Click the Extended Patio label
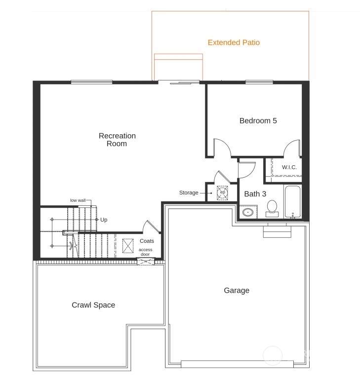click(x=234, y=42)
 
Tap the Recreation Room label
click(x=117, y=140)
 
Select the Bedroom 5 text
click(x=258, y=120)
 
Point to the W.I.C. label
click(x=289, y=167)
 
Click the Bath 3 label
click(x=255, y=194)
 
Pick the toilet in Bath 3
click(x=272, y=208)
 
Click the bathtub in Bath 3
click(x=292, y=202)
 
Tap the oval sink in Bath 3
click(x=248, y=213)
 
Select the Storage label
click(x=189, y=192)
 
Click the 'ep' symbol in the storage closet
click(x=222, y=192)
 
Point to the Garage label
click(x=237, y=290)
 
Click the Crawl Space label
click(x=93, y=305)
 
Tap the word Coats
click(x=147, y=241)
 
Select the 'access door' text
click(x=145, y=252)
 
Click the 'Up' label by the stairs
click(x=104, y=220)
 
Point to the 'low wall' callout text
click(x=78, y=200)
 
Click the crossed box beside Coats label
click(x=128, y=246)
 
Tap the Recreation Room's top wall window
click(x=91, y=82)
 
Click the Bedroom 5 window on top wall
click(x=259, y=82)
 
